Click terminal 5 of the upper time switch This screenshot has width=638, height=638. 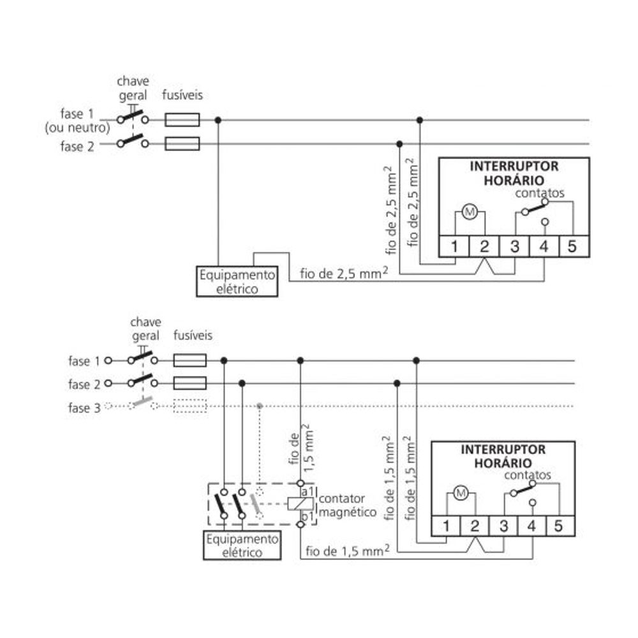pos(572,246)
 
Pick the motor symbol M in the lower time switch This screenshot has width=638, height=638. pos(461,492)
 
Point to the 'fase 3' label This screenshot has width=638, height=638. pos(84,408)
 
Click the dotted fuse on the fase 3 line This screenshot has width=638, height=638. pos(190,406)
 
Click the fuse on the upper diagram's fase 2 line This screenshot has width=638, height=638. pos(182,144)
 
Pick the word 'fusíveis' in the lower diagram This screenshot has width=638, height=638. pos(192,336)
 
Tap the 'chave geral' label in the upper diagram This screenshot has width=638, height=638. pos(133,89)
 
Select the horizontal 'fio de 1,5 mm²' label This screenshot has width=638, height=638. pos(348,550)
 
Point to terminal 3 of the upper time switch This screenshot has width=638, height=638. pos(514,246)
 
